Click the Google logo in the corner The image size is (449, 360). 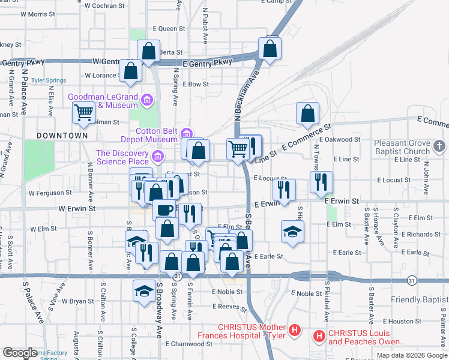pos(20,353)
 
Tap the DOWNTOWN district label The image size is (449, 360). pos(62,136)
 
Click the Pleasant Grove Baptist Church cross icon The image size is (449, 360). pos(439,146)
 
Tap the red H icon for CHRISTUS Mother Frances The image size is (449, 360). pos(294,329)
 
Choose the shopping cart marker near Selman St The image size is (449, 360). pos(83,112)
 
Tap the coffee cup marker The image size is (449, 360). pos(164,210)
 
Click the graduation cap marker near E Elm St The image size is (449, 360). pos(292,231)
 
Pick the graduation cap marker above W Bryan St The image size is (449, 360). pos(143,290)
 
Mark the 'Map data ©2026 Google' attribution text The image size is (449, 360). pos(411,355)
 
